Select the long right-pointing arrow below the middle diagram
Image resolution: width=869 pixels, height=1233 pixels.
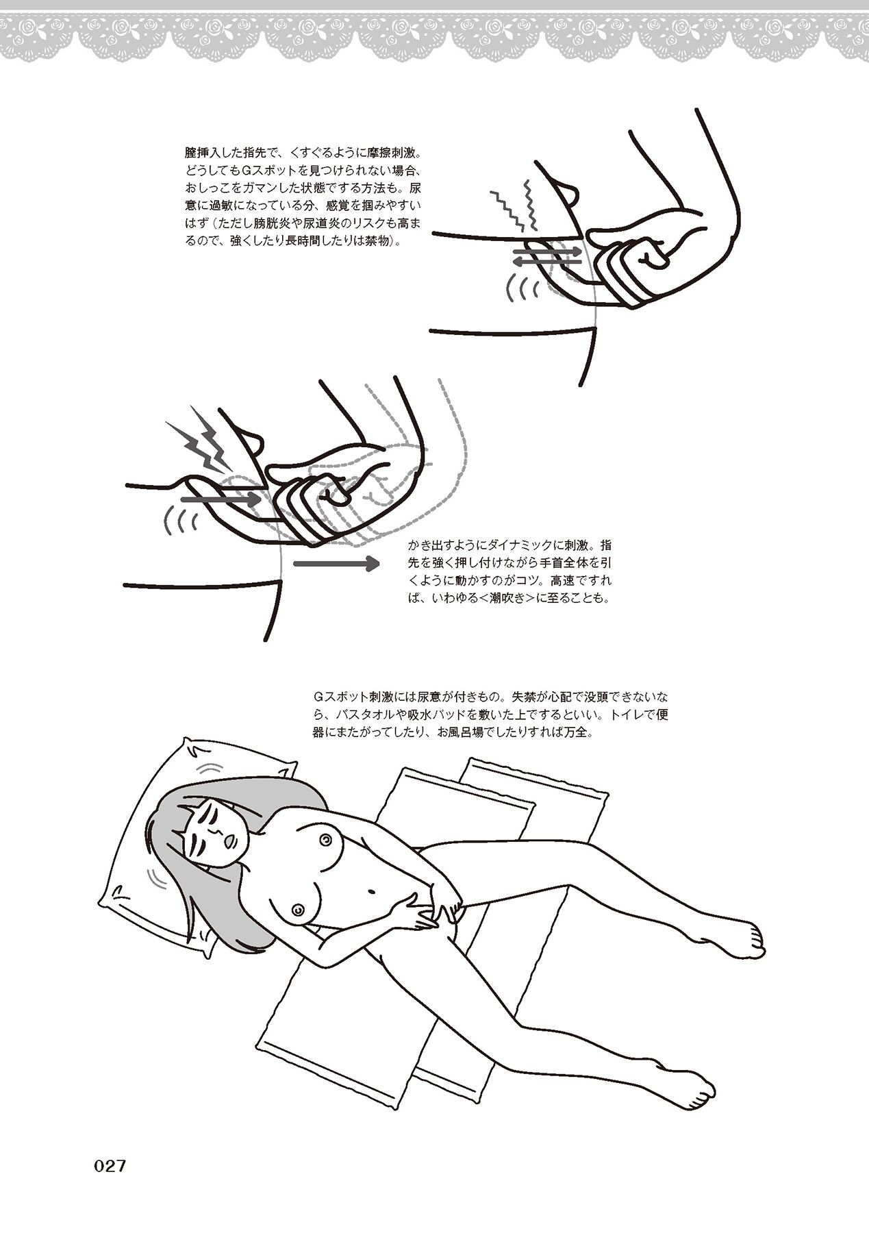click(x=336, y=564)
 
